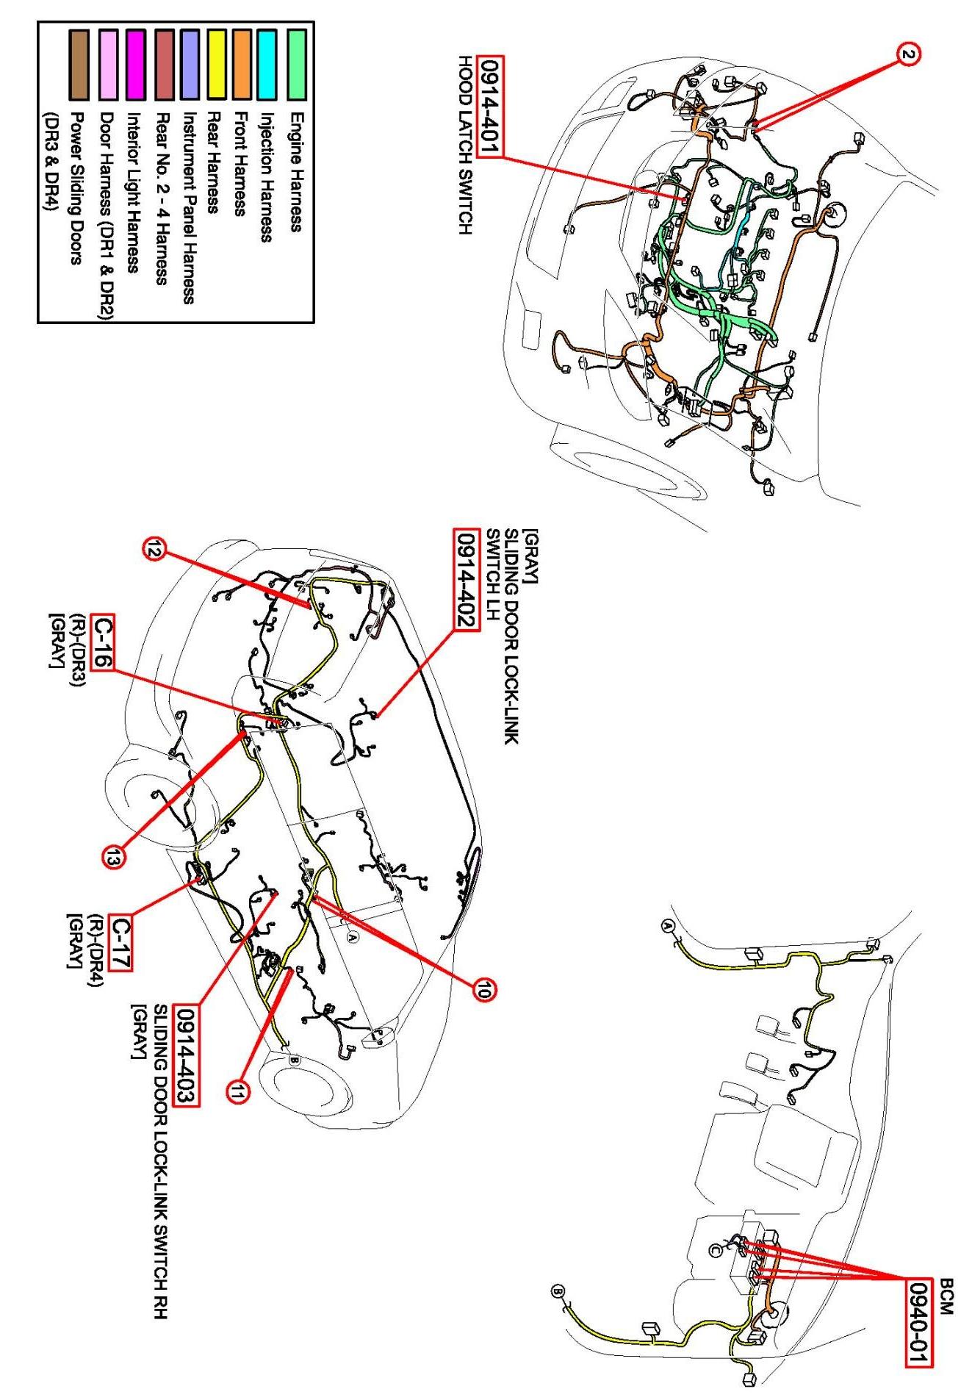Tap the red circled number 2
click(x=908, y=54)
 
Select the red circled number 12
click(x=155, y=550)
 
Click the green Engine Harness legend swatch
click(x=296, y=64)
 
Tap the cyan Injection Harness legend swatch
click(x=267, y=64)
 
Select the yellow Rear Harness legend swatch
click(x=217, y=64)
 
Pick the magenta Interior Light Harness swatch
click(x=136, y=64)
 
